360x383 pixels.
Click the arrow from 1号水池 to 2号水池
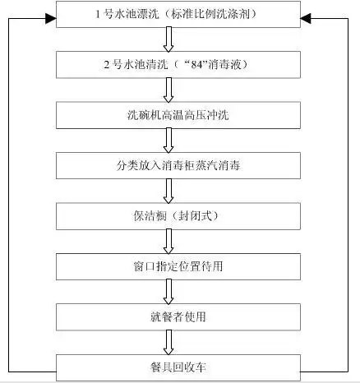coord(169,39)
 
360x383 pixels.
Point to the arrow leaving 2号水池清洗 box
coord(169,89)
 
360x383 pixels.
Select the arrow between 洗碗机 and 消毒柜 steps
coord(169,139)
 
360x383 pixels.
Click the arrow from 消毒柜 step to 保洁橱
coord(169,190)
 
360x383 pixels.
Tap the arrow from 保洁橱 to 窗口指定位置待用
coord(169,240)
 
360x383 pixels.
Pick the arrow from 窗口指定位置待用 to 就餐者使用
coord(169,290)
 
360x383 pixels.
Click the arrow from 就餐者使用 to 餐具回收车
coord(169,340)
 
